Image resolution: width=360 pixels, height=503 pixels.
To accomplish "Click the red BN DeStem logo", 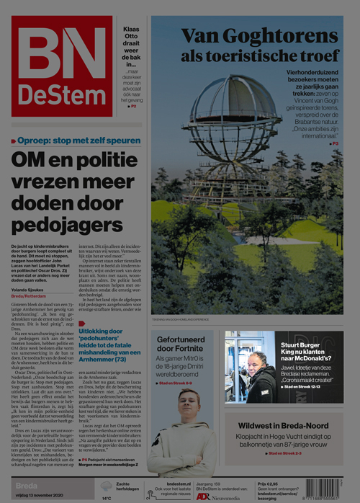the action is tap(61, 66).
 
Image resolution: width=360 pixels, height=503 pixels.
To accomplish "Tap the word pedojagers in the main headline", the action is tap(67, 225).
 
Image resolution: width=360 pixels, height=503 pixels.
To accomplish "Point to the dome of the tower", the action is tap(235, 108).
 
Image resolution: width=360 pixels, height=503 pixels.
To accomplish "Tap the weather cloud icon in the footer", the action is tap(107, 486).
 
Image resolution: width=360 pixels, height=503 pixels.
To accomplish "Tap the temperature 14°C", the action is tap(107, 497).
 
